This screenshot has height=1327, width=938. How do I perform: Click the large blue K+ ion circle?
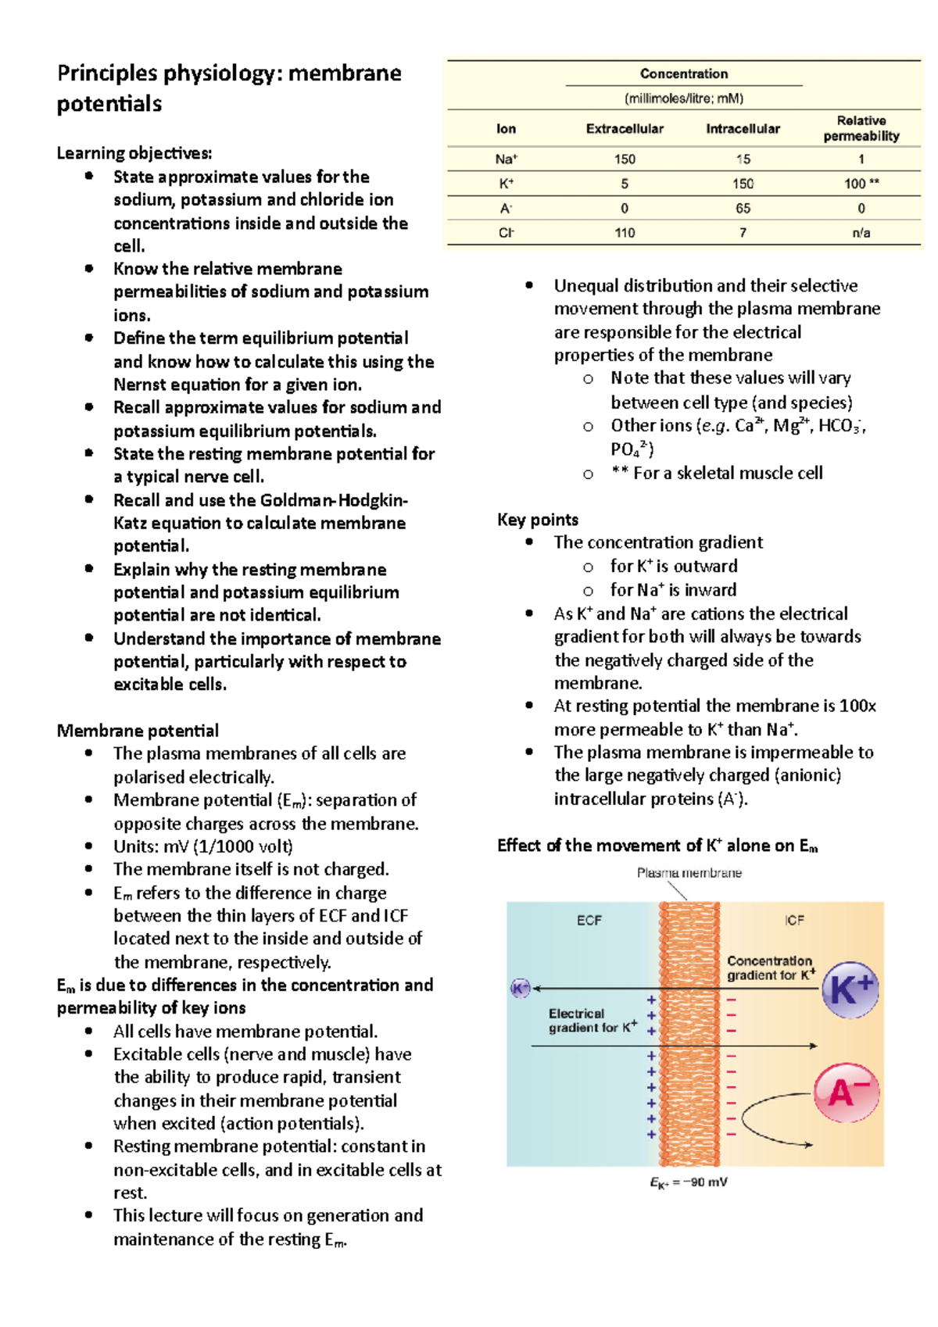[x=850, y=990]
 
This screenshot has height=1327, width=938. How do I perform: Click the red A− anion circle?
[x=847, y=1092]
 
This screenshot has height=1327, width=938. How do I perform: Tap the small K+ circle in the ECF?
[x=520, y=988]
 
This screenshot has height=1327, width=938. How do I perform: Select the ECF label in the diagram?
[x=589, y=921]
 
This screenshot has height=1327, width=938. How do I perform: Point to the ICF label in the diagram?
[x=794, y=921]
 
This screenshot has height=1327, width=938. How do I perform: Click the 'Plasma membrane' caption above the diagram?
[x=689, y=873]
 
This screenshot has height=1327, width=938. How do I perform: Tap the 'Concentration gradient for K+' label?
[x=771, y=968]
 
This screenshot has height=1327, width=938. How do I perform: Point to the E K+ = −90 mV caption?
[x=688, y=1182]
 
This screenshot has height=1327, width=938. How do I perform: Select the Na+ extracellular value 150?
[x=624, y=159]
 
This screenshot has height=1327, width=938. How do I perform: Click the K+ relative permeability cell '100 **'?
[x=861, y=184]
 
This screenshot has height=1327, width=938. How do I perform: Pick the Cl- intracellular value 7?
[x=743, y=233]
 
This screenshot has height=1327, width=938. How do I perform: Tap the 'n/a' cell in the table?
[x=861, y=233]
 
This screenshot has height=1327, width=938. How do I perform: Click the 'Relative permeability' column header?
[x=861, y=128]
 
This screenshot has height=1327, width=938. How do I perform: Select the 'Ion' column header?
[x=506, y=129]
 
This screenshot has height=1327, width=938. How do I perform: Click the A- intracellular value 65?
[x=743, y=209]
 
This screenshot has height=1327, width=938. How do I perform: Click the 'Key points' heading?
[x=538, y=520]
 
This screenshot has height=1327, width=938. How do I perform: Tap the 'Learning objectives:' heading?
[x=134, y=153]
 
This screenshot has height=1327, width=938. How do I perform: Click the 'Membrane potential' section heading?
[x=138, y=731]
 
